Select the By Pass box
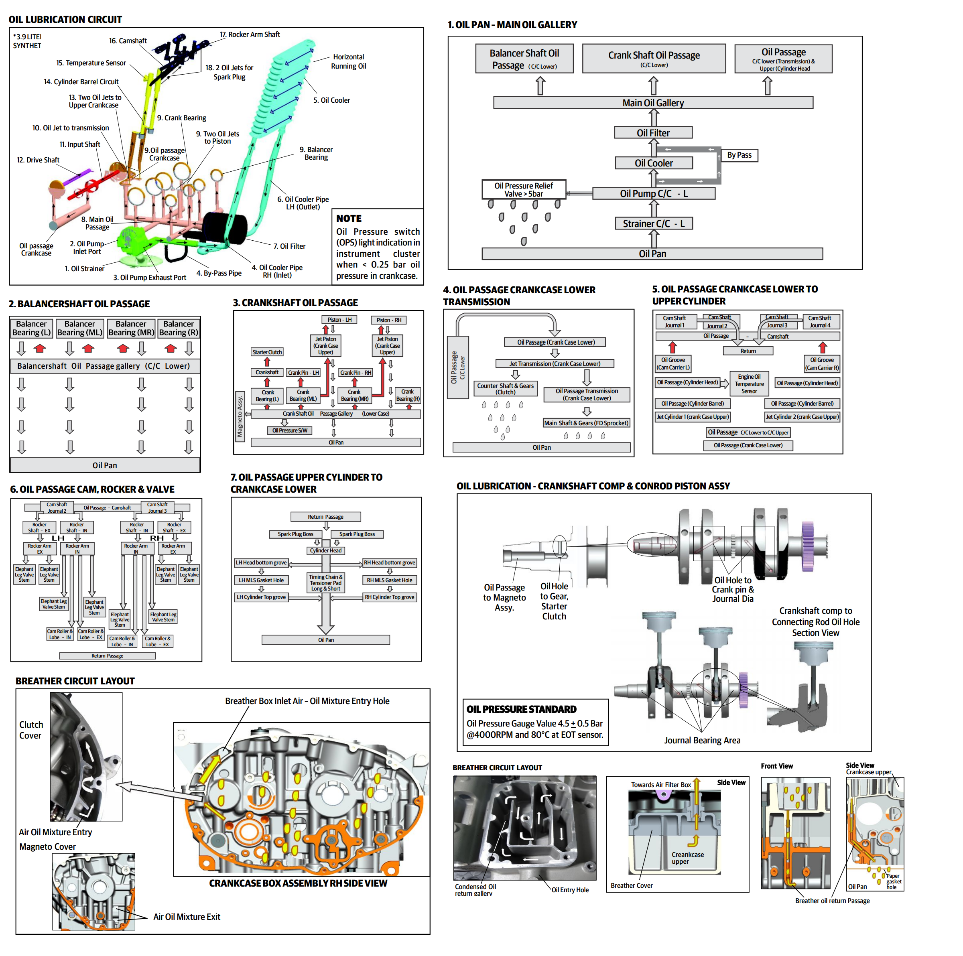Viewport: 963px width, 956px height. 739,155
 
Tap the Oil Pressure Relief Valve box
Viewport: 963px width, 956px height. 524,189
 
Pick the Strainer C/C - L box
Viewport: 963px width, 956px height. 654,224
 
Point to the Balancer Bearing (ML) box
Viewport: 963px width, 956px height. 80,328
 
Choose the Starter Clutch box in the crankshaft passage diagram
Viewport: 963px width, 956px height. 267,352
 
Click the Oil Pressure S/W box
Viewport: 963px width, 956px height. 290,430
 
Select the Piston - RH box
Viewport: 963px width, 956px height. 389,320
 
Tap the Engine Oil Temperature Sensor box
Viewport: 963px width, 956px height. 749,384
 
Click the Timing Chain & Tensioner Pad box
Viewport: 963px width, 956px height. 325,583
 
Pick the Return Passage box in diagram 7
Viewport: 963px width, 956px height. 325,517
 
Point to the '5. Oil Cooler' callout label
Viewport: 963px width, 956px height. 331,100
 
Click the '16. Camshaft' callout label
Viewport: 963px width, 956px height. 128,41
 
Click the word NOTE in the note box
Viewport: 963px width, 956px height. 349,218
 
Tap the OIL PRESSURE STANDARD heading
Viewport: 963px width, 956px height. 521,709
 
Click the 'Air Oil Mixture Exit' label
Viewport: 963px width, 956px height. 187,917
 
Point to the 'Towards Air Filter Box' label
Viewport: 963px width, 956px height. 661,785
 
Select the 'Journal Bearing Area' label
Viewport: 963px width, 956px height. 702,740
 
